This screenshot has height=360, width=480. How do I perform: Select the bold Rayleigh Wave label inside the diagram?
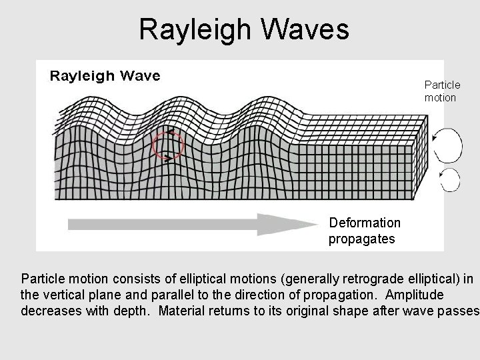pyautogui.click(x=105, y=75)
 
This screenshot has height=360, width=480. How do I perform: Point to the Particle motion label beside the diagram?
pyautogui.click(x=442, y=91)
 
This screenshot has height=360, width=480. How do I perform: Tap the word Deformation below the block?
pyautogui.click(x=365, y=223)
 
